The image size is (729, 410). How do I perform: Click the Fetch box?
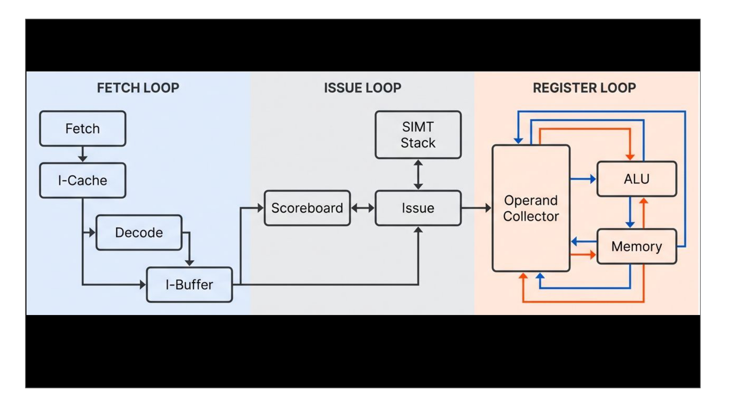pos(83,128)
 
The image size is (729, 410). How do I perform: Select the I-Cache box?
pos(83,180)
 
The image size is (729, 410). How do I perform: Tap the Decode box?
pos(139,233)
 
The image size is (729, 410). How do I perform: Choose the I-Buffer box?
pos(189,285)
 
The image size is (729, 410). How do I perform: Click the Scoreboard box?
pos(307,208)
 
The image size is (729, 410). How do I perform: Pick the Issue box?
pos(418,208)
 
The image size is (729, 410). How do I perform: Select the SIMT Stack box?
pos(418,135)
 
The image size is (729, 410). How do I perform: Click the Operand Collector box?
pos(531,208)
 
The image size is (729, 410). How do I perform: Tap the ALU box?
pos(637,179)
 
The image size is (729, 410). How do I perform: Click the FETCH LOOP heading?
pos(138,88)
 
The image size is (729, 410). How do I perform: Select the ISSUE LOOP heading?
pos(363,88)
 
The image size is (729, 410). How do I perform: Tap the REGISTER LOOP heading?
pos(584,88)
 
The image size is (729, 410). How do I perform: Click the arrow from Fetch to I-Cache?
pos(83,154)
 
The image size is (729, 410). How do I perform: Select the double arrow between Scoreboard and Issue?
pos(363,208)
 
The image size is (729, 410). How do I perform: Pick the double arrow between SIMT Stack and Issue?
pos(418,174)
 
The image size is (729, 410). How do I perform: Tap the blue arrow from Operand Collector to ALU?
pos(583,179)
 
